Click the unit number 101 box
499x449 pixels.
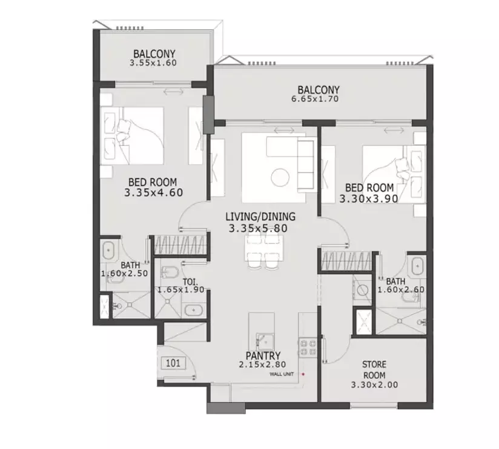point(173,363)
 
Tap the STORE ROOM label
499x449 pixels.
point(374,370)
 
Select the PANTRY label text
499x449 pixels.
point(263,355)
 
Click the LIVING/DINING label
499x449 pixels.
point(260,217)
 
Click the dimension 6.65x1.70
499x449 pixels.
point(315,99)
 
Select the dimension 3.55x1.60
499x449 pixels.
point(153,63)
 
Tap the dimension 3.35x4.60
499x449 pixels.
point(154,192)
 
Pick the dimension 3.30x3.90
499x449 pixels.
point(369,199)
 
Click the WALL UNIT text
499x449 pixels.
point(282,374)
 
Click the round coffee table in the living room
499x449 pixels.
point(280,177)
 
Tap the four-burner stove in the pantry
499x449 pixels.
point(308,347)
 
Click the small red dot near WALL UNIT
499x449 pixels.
point(303,374)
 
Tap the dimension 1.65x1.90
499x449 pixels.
point(180,290)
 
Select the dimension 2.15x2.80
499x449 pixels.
point(263,365)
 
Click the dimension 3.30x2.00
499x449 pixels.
point(374,385)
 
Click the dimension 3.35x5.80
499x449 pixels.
point(258,228)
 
